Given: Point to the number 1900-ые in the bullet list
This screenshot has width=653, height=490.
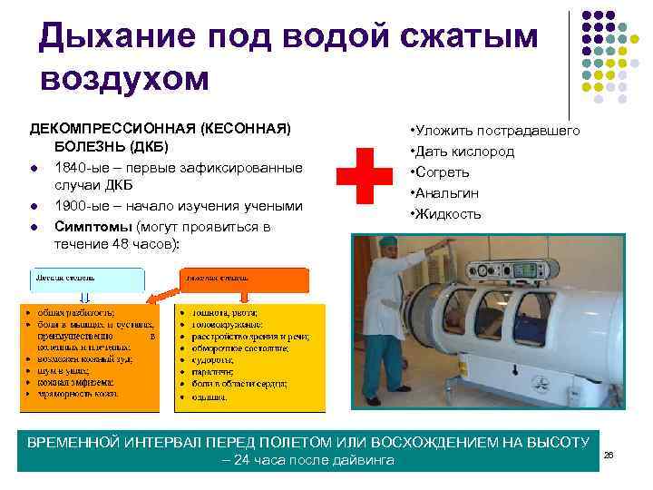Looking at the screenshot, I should (80, 207).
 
